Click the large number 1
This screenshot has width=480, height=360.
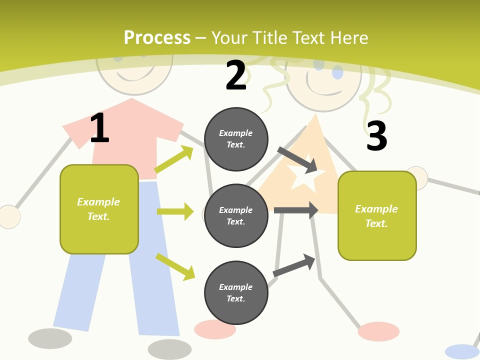pyautogui.click(x=99, y=127)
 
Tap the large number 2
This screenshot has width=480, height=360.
pyautogui.click(x=236, y=75)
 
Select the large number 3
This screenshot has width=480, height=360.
pyautogui.click(x=376, y=136)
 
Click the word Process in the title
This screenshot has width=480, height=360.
pyautogui.click(x=157, y=37)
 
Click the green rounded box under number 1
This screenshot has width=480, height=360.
pyautogui.click(x=99, y=209)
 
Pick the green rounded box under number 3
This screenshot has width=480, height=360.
pyautogui.click(x=377, y=215)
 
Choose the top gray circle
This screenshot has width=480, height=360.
pyautogui.click(x=236, y=139)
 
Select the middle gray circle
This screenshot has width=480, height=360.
pyautogui.click(x=236, y=215)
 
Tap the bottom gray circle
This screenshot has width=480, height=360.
pyautogui.click(x=236, y=292)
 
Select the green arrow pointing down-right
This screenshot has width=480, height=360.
pyautogui.click(x=175, y=266)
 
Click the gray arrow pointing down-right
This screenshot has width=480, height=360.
pyautogui.click(x=297, y=159)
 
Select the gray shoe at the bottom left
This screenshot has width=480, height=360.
pyautogui.click(x=50, y=338)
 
